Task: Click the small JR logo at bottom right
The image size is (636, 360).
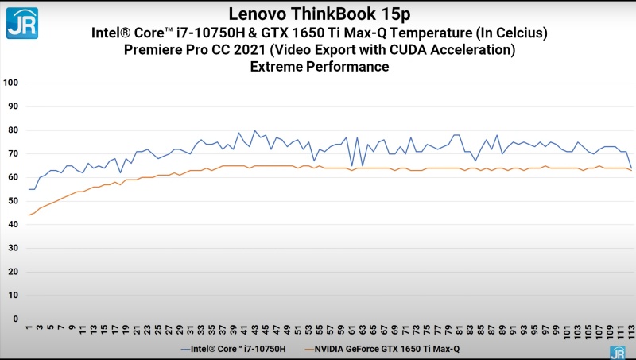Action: click(617, 352)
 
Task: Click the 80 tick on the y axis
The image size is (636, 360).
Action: click(13, 130)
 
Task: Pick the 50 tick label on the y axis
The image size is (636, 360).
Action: click(13, 201)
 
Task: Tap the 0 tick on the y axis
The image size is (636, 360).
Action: click(15, 319)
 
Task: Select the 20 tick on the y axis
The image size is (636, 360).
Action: click(13, 272)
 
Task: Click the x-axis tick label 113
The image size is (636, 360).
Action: click(631, 331)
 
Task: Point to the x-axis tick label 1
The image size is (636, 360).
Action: click(29, 328)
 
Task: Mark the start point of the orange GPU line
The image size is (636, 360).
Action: click(29, 215)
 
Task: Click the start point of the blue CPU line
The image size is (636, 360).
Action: click(29, 189)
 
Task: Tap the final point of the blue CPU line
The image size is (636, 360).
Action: click(631, 168)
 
